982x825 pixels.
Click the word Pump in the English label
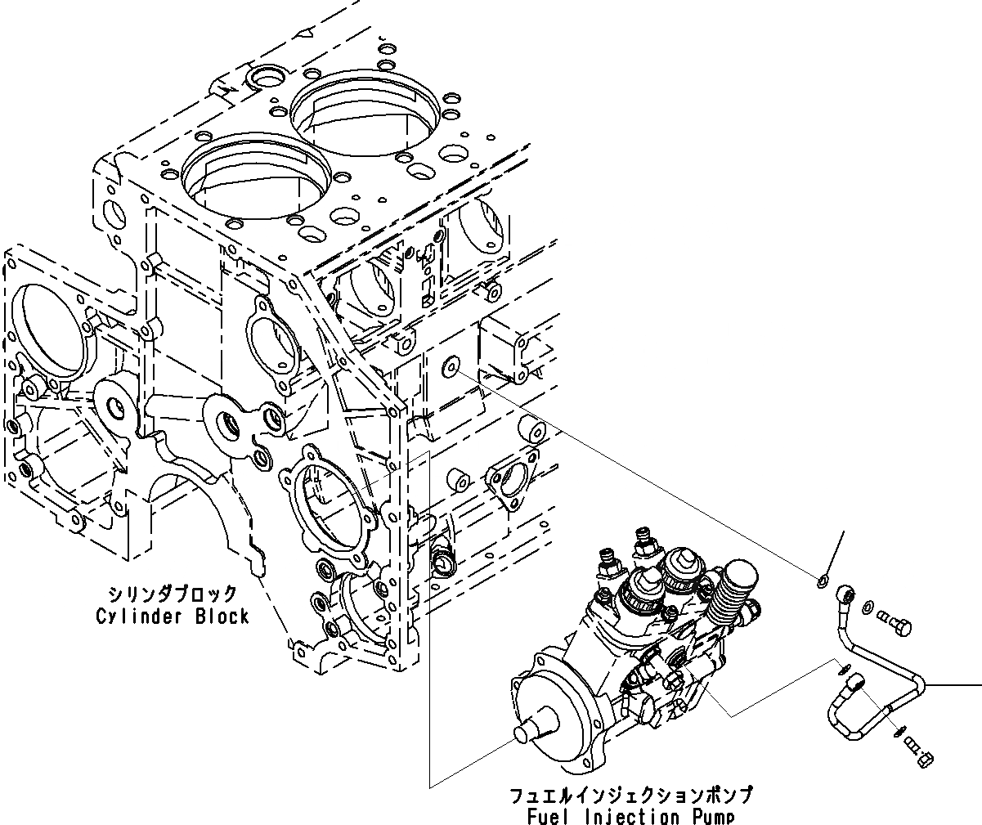click(706, 816)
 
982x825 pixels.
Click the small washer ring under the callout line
click(821, 581)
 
